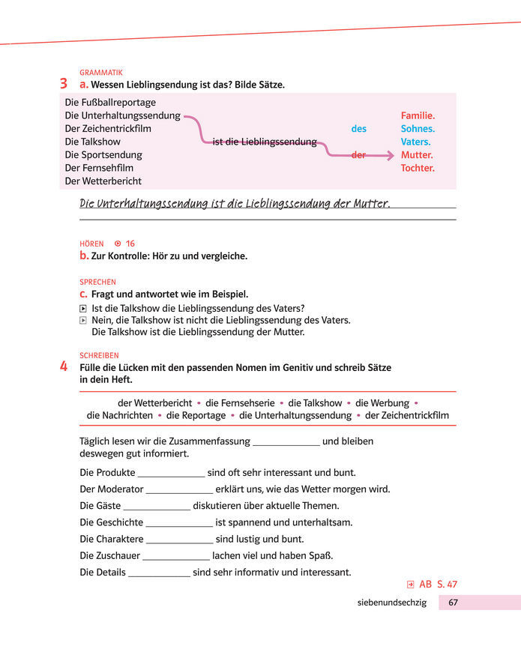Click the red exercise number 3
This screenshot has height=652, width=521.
64,85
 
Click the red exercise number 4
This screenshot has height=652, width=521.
64,367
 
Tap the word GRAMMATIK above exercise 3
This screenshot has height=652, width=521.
101,73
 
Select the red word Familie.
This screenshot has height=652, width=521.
418,116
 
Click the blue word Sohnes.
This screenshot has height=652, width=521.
418,129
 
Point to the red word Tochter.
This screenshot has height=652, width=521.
418,168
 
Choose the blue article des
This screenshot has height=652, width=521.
359,129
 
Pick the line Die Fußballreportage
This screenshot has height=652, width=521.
110,103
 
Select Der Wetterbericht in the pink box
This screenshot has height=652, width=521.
103,181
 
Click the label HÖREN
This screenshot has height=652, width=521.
91,244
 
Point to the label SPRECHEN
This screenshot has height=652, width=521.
97,282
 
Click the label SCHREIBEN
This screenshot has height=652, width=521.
99,355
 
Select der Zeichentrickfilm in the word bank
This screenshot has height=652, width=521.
407,415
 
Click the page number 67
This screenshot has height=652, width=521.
454,603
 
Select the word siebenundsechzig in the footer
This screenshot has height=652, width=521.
392,603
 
